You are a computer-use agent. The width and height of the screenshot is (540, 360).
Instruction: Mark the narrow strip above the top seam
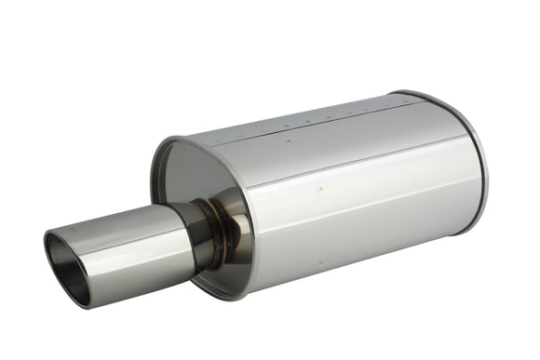click(x=307, y=117)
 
